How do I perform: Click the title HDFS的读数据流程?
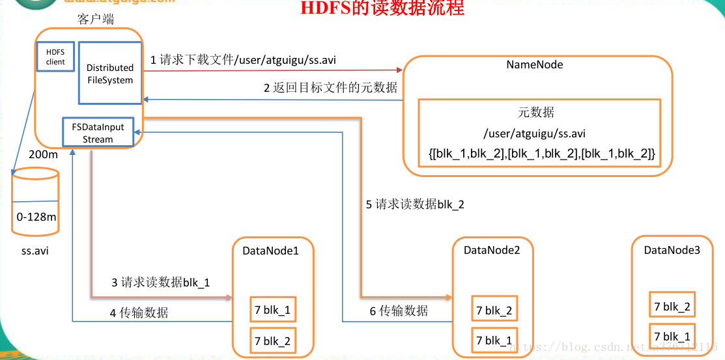382,9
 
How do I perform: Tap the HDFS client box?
55,57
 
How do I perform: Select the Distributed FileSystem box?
109,74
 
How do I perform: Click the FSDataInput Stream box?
98,132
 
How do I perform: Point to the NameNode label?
534,65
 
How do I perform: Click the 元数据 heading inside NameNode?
536,113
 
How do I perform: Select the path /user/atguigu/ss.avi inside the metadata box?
534,133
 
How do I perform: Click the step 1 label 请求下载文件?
243,60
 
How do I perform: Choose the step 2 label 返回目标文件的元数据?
330,87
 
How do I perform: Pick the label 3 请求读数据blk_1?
160,283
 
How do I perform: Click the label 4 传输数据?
139,312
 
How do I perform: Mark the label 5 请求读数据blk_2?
415,204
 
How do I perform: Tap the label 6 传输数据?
399,311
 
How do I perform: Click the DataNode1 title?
270,250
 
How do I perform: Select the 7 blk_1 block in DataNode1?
272,310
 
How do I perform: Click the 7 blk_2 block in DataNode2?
494,311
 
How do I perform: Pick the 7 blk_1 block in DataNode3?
672,337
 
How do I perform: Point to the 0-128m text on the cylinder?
36,217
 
